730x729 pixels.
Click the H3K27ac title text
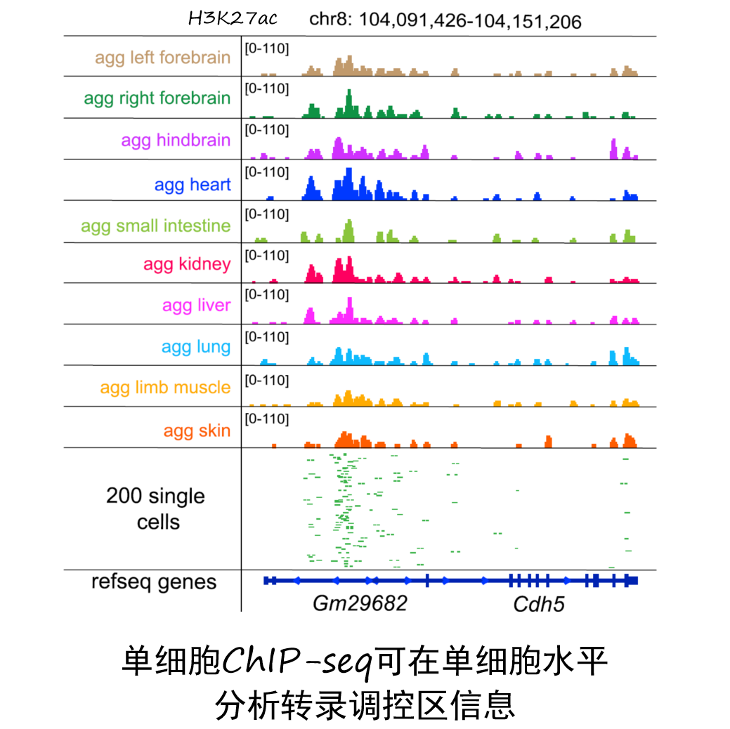click(233, 19)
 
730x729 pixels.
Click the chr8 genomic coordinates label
click(445, 22)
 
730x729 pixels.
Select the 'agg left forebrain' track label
click(162, 58)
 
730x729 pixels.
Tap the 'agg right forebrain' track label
click(157, 98)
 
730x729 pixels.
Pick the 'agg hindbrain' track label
click(176, 140)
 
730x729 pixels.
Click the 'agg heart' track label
click(193, 185)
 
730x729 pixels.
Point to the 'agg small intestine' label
click(155, 225)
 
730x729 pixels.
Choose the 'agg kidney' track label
click(187, 264)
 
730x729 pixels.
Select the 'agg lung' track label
click(196, 346)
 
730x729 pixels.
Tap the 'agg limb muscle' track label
click(165, 387)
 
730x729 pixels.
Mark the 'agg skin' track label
click(197, 431)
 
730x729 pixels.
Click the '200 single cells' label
click(156, 509)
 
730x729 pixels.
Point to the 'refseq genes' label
click(154, 582)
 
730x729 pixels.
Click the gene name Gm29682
click(360, 603)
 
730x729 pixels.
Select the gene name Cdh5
click(538, 604)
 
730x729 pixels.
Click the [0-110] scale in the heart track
click(266, 172)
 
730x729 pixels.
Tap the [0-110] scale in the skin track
click(266, 419)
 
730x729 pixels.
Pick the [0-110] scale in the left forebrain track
click(266, 48)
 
